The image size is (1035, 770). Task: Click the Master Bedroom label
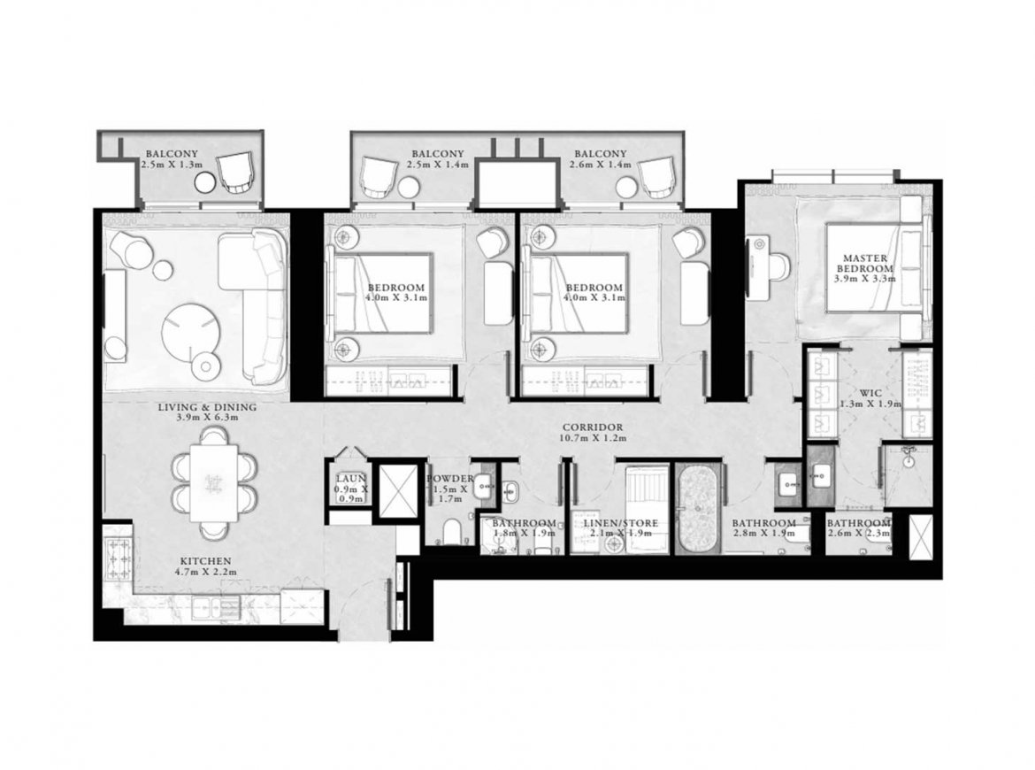pos(864,264)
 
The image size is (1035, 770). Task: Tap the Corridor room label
pos(592,427)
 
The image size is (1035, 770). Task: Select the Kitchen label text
pos(208,560)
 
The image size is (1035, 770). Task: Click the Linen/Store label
pos(620,523)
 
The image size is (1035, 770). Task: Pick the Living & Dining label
pos(207,407)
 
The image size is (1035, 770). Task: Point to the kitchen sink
pos(216,607)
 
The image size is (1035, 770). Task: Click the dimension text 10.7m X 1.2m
pos(592,437)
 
